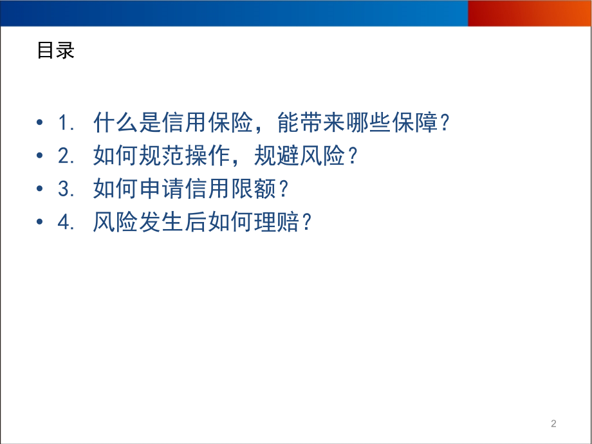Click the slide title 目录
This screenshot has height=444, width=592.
(x=56, y=51)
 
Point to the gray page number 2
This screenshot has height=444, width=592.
(x=553, y=423)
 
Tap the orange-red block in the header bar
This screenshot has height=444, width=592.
(x=530, y=14)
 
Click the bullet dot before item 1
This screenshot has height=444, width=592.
(x=40, y=122)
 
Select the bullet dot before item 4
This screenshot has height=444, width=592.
(x=40, y=221)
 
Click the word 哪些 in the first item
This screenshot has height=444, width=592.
(x=369, y=122)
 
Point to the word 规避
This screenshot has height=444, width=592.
(x=277, y=155)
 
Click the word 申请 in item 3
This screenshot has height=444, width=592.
(x=162, y=189)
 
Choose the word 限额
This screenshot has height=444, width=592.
(x=254, y=189)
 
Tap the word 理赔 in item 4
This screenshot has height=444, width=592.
(x=277, y=221)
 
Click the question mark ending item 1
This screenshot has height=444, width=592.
(x=445, y=122)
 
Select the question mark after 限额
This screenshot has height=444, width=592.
(x=284, y=189)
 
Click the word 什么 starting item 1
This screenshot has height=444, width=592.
(x=116, y=122)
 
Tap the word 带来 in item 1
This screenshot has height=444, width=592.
(x=323, y=122)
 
